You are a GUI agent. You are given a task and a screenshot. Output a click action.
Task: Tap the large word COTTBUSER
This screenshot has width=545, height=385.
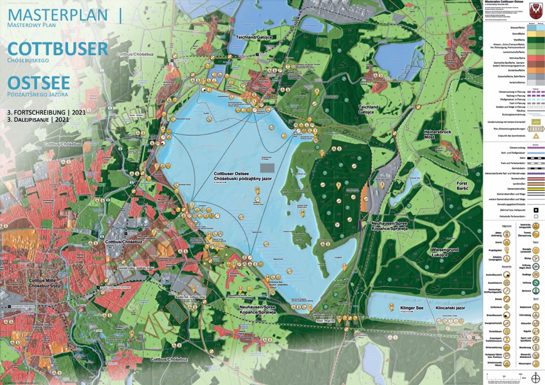(x=58, y=49)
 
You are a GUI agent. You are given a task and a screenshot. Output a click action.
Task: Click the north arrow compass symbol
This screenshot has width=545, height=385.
(x=535, y=377)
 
